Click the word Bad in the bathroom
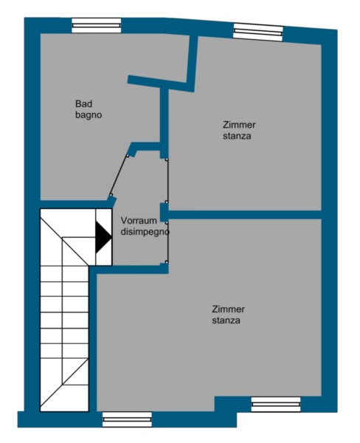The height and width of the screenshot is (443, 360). tap(83, 103)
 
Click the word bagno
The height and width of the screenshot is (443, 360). tap(89, 115)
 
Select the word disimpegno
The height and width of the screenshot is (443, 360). tap(145, 232)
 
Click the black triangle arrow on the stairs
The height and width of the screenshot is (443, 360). tap(103, 237)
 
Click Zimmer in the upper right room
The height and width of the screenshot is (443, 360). tap(239, 125)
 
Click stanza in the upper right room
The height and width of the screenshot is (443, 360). tap(237, 136)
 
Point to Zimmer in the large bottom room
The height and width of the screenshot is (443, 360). tap(228, 309)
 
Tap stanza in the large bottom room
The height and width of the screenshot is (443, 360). tap(226, 320)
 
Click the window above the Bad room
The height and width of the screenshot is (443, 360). tap(97, 25)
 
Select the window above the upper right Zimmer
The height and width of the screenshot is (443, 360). tap(258, 32)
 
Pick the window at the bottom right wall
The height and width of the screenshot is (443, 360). tap(276, 405)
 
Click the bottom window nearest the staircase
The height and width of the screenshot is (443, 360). tap(127, 419)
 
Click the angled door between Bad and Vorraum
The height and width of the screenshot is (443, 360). tap(119, 175)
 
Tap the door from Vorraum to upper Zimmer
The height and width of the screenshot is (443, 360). tap(167, 181)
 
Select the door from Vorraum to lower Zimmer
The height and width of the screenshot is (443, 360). tap(167, 242)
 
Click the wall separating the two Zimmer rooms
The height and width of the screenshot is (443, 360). tap(244, 214)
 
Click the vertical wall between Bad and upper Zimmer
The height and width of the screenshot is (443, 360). tap(164, 123)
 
